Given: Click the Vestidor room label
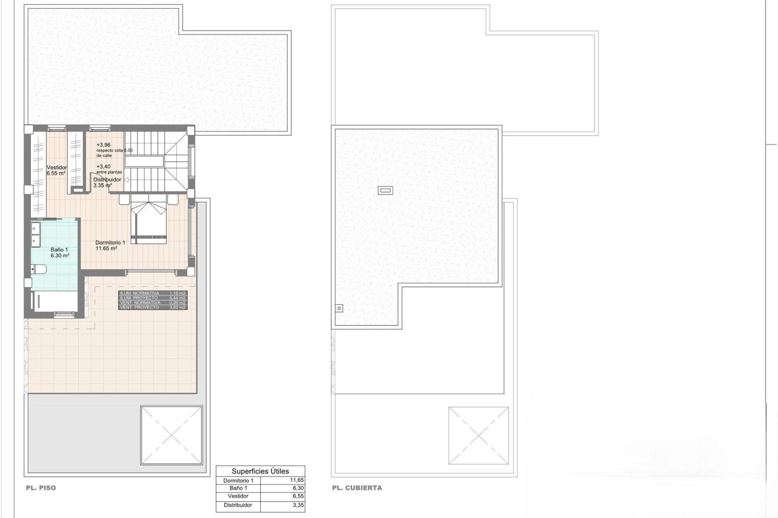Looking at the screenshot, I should (x=57, y=168).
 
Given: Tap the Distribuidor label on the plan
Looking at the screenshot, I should (x=107, y=180).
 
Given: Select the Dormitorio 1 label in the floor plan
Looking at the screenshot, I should (x=110, y=243).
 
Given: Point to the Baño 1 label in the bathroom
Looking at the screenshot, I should (x=59, y=250).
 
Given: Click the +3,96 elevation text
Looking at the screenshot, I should (x=103, y=145).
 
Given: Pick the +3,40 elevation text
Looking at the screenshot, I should (x=103, y=167).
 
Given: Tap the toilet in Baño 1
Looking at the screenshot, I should (x=40, y=269).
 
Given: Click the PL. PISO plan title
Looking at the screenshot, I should (x=41, y=488).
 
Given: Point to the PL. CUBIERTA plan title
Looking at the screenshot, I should (x=357, y=488).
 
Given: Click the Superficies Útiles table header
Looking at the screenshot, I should (x=260, y=471).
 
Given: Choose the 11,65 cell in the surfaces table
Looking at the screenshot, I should (x=297, y=480).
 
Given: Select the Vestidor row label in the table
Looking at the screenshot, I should (x=238, y=496).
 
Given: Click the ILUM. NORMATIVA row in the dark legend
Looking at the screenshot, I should (x=140, y=293).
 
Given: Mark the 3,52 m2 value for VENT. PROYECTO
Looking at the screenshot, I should (x=177, y=308).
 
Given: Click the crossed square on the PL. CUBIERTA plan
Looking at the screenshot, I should (x=479, y=435).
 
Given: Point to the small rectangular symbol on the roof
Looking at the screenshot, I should (x=385, y=190).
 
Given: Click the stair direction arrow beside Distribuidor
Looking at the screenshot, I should (x=126, y=180).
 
